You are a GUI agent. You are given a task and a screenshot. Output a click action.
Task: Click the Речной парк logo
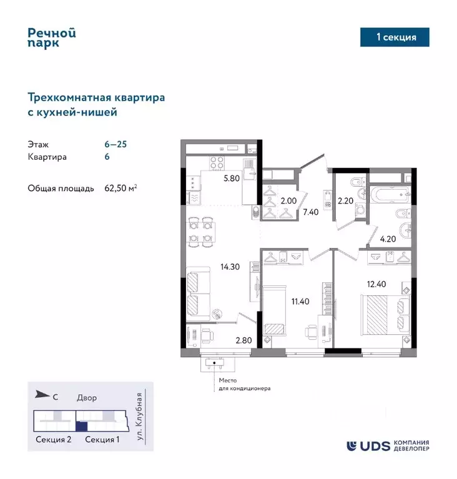[x=52, y=39]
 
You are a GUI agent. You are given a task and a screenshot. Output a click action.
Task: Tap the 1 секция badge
[x=396, y=37]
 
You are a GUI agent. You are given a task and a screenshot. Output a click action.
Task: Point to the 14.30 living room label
[x=230, y=265]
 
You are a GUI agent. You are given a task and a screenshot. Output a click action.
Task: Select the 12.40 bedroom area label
[x=376, y=285]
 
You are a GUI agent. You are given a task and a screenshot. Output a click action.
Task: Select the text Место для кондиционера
[x=244, y=383]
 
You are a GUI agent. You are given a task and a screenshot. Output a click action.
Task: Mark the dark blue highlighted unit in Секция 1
[x=81, y=427]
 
